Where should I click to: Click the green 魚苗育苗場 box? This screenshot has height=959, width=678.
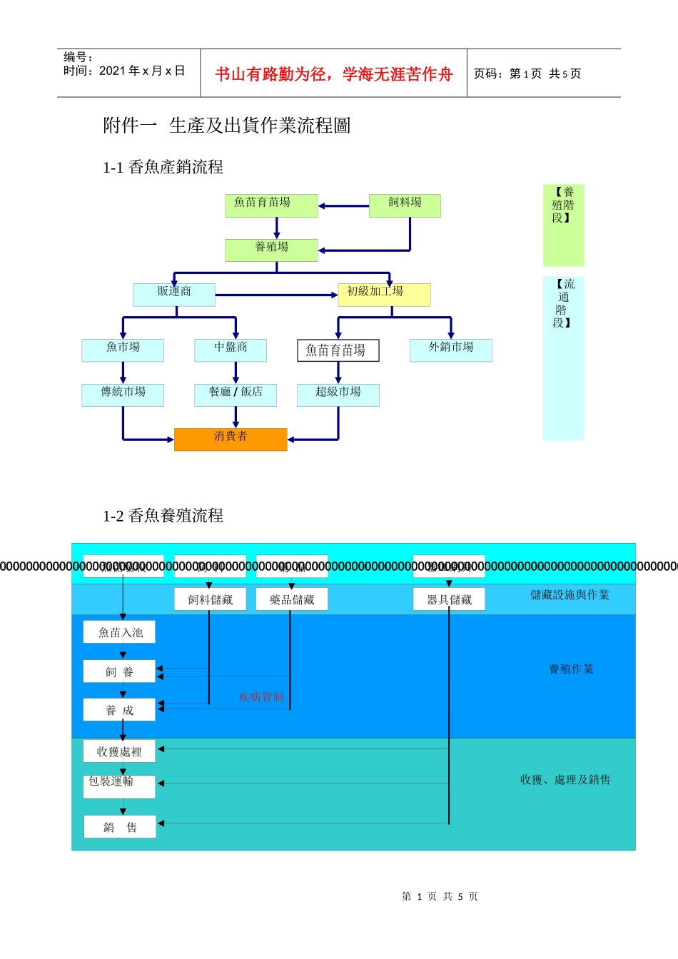[x=270, y=205]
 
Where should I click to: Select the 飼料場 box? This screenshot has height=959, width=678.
[x=405, y=205]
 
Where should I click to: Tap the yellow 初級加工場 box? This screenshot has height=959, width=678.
[x=384, y=294]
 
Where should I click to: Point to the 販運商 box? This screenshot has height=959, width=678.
[x=174, y=294]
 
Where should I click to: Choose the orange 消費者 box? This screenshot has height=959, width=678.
[x=231, y=439]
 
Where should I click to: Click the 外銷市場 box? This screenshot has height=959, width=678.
[x=450, y=350]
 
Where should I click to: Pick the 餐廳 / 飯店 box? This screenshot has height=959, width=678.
[x=236, y=395]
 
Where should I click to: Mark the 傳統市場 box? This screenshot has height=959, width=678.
[x=123, y=395]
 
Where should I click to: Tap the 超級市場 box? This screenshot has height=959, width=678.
[x=338, y=395]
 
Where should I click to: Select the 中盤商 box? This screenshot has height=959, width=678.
[x=231, y=350]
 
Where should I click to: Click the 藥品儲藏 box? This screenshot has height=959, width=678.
[x=292, y=599]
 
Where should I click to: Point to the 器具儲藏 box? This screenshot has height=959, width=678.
[x=449, y=599]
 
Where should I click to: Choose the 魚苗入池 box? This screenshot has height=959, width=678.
[x=120, y=632]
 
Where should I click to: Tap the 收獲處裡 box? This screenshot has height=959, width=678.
[x=119, y=751]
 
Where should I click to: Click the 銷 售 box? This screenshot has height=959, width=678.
[x=120, y=827]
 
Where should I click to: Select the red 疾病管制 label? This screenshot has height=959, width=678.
[x=261, y=697]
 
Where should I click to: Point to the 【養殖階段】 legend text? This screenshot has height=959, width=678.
[x=563, y=205]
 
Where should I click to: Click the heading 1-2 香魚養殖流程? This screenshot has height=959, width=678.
[x=163, y=515]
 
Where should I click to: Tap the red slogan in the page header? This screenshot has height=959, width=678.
[x=334, y=74]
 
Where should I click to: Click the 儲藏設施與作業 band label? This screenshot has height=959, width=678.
[x=570, y=595]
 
